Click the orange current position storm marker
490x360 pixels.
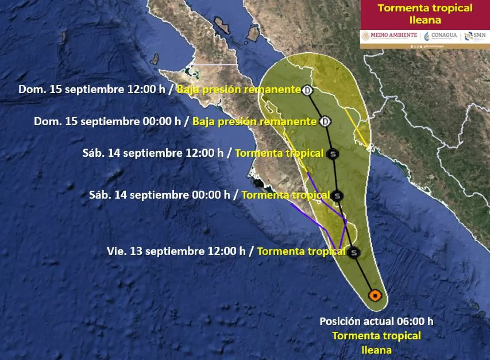coord(375,295)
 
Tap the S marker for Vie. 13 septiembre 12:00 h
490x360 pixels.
coord(354,252)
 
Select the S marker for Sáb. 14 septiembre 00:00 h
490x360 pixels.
coord(337,196)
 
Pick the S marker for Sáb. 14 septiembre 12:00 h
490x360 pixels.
coord(333,154)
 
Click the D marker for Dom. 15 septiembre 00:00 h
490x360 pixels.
coord(325,121)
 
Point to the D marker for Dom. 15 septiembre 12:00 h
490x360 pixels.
coord(307,90)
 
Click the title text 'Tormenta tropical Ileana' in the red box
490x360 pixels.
coord(425,14)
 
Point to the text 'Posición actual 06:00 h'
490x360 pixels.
coord(376,321)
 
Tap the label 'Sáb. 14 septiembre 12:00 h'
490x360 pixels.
coord(153,153)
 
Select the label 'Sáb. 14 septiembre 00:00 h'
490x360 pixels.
coord(160,195)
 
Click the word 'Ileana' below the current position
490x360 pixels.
coord(376,350)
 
